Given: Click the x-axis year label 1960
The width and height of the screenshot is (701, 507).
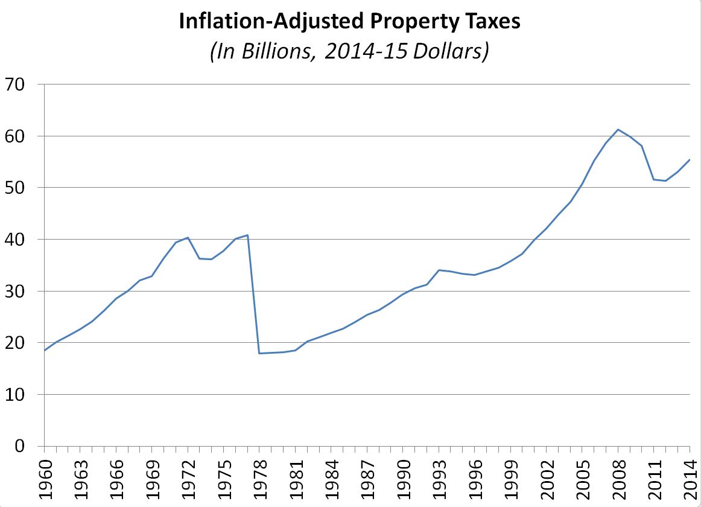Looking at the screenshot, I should click(x=44, y=477).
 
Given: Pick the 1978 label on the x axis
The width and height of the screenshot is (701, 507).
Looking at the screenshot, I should click(x=259, y=477).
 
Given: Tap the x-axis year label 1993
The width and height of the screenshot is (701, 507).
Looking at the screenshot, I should click(x=439, y=477).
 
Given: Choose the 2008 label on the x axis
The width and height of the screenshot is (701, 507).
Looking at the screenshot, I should click(x=618, y=477).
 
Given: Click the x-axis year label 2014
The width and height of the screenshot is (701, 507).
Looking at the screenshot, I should click(x=690, y=477).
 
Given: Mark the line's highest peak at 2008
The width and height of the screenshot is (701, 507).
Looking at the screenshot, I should click(x=618, y=129).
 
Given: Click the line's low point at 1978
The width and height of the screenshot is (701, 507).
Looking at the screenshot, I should click(x=259, y=353).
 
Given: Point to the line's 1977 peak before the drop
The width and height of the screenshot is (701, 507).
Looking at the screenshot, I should click(x=247, y=235).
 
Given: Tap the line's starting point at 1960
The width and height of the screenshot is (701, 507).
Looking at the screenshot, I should click(x=44, y=351).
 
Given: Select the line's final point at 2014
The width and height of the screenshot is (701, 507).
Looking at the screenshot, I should click(x=690, y=159).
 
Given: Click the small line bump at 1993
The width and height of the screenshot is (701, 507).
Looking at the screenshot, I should click(x=439, y=270).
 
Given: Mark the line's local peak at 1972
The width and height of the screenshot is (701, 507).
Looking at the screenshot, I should click(x=188, y=237).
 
